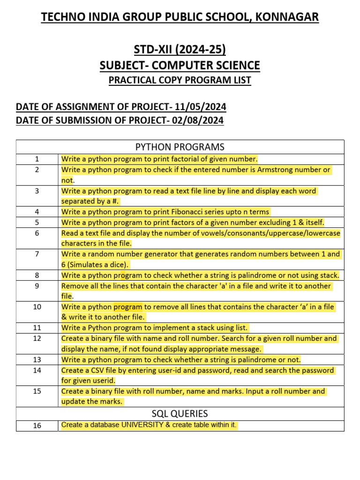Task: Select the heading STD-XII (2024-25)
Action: (180, 49)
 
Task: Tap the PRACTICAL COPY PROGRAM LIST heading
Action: (180, 80)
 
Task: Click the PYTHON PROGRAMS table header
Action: (180, 147)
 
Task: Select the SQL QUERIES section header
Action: (180, 413)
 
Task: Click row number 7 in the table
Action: (37, 254)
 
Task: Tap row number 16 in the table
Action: (37, 426)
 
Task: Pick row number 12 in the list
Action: (37, 338)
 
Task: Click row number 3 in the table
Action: (37, 191)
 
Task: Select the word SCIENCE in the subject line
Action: (237, 65)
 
